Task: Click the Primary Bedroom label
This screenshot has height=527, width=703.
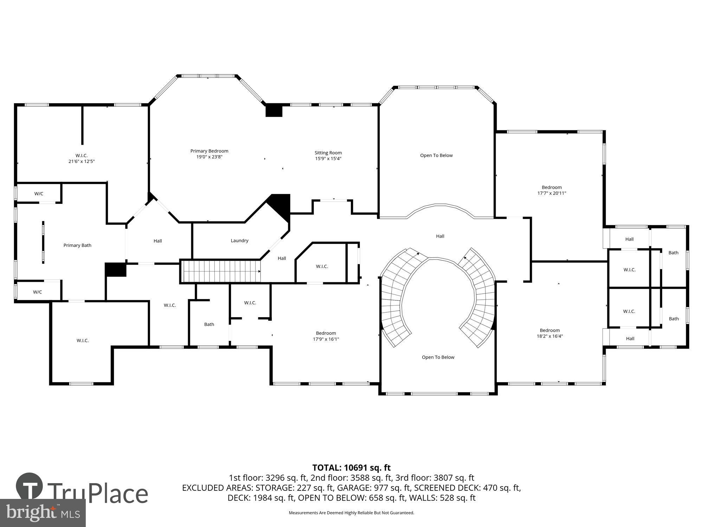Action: (x=209, y=151)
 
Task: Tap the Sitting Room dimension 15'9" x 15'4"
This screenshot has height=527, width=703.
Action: (x=328, y=158)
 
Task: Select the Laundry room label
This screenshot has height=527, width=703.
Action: (x=239, y=241)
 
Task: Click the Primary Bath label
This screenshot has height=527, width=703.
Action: (x=77, y=245)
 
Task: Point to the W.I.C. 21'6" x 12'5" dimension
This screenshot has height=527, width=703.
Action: (x=82, y=162)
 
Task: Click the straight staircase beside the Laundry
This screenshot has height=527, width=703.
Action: (x=220, y=271)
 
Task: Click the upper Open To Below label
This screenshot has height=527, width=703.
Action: (x=436, y=155)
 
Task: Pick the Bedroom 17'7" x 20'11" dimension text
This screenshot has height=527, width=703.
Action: (x=552, y=193)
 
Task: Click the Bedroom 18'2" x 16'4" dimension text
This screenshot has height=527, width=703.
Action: (x=549, y=336)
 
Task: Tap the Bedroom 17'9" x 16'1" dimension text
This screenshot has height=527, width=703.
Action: (x=326, y=339)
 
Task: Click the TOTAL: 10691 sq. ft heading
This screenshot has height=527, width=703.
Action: (x=351, y=468)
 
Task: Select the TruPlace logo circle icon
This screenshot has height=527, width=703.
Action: (x=29, y=486)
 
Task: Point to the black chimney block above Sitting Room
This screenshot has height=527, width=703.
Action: (x=274, y=110)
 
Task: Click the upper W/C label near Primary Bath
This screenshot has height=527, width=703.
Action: (x=39, y=194)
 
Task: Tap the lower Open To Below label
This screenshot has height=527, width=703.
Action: (x=438, y=357)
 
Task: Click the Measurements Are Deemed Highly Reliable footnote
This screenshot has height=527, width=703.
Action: (x=351, y=513)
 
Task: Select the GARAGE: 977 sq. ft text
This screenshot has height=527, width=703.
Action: (x=374, y=488)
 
